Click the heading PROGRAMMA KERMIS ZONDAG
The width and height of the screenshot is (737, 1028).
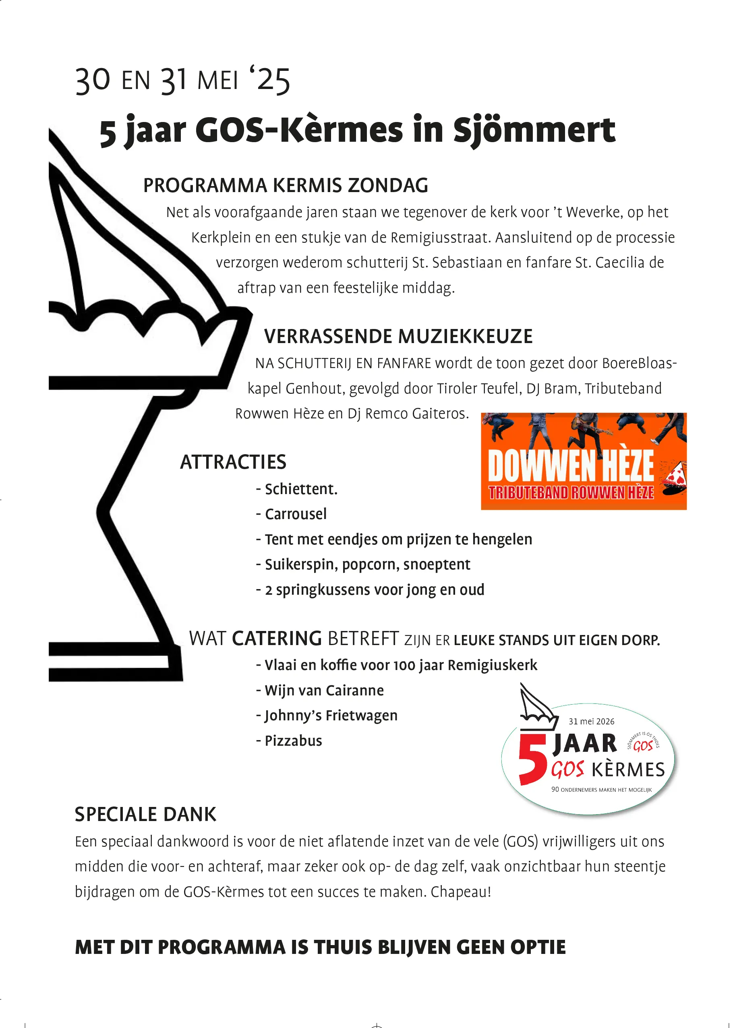[285, 185]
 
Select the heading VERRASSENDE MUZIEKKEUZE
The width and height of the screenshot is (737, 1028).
[398, 337]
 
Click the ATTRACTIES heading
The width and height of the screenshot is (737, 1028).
[233, 462]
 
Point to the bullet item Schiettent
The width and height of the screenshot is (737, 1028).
[300, 489]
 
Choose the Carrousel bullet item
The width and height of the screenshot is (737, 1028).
[296, 514]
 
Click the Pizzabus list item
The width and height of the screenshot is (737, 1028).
[293, 740]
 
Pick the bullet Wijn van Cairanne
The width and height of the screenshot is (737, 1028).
[324, 690]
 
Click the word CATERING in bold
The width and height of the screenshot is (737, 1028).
[277, 639]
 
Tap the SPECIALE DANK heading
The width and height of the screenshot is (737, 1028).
[145, 815]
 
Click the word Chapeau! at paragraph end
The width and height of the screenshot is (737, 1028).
[460, 891]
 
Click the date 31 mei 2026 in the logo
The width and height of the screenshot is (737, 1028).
[591, 722]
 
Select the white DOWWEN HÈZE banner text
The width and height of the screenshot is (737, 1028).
[570, 466]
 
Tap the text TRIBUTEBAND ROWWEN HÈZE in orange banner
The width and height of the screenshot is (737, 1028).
[571, 493]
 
